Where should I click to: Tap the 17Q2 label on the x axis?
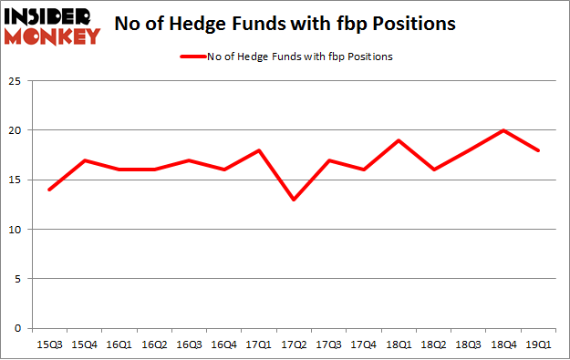292,345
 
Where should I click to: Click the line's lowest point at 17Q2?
292,200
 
